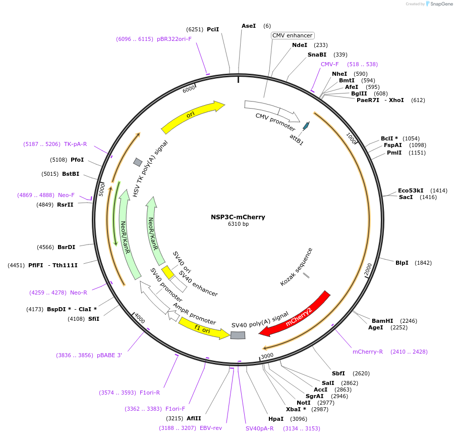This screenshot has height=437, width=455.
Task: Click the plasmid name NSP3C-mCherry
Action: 238,217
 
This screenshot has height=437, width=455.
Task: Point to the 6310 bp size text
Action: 238,224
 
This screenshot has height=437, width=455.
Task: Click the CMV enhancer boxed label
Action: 293,35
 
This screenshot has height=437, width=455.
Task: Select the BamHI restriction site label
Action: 382,321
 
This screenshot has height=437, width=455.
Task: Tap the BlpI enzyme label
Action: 402,263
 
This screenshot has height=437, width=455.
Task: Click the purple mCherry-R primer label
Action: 368,352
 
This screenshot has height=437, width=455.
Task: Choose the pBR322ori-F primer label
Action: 174,39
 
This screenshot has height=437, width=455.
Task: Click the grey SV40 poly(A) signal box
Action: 238,335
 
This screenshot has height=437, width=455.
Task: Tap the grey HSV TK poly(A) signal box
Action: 137,162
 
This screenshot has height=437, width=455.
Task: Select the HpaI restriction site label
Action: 276,419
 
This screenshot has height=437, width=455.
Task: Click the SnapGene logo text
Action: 440,4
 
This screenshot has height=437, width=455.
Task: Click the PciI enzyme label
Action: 213,29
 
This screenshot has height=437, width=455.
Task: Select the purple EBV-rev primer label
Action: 211,428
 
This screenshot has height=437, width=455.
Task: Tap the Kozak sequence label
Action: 297,267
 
